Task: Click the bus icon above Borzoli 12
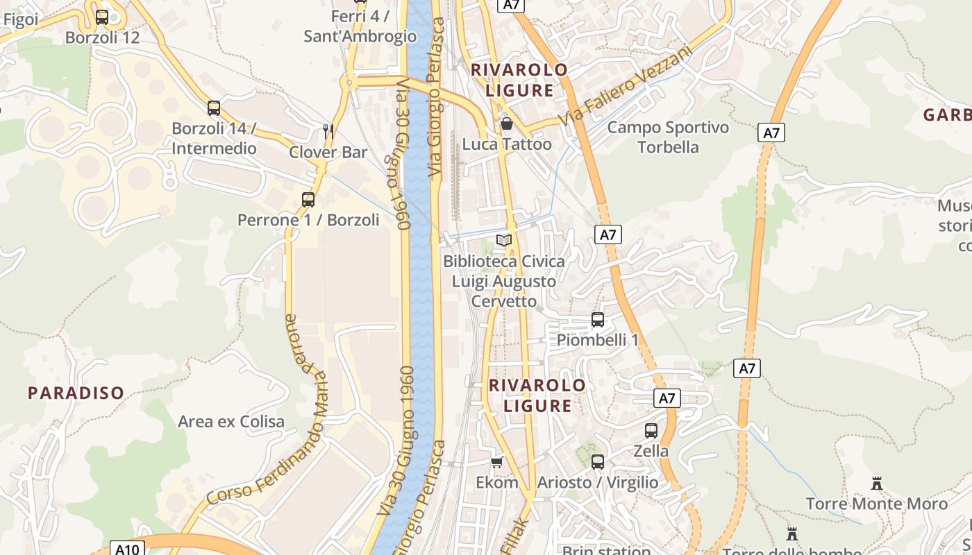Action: coord(102,17)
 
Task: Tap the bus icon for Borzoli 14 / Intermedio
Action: coord(214,108)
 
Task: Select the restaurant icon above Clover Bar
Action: coord(328,131)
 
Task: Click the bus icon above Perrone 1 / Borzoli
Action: coord(308,200)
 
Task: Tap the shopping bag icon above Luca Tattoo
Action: coord(507,124)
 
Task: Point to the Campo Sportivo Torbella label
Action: coord(668,137)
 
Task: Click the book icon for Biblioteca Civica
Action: coord(504,241)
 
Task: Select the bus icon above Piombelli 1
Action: coord(598,320)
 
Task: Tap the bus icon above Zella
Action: coord(651,430)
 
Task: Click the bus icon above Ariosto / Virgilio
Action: coord(598,462)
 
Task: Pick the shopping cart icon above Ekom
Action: coord(496,462)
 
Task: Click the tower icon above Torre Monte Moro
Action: coord(877,483)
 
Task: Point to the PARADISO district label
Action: coord(76,393)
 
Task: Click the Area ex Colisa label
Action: coord(231,421)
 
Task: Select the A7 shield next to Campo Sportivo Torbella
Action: coord(771,133)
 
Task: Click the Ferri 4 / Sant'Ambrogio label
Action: coord(360,26)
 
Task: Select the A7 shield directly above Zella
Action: coord(667,398)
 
